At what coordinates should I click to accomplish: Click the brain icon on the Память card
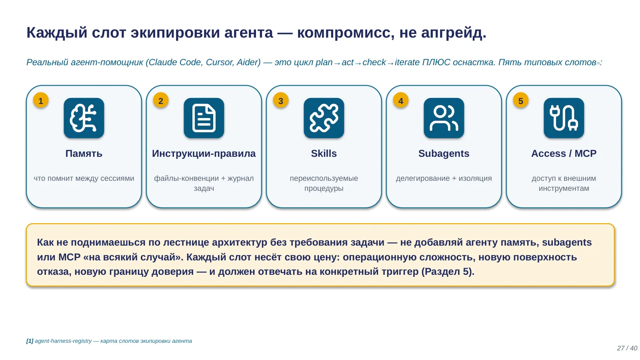84,118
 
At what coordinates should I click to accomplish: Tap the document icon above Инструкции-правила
204,118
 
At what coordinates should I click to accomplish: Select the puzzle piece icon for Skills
324,118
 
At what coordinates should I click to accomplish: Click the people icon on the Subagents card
444,118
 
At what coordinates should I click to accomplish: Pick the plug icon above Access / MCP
564,118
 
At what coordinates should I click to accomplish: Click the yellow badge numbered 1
40,100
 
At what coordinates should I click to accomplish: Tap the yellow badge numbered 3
280,100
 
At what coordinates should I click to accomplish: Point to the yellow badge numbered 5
520,100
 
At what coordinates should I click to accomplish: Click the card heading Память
84,154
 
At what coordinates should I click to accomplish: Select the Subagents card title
444,154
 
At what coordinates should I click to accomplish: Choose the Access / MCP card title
564,154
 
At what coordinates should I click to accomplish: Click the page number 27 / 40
627,348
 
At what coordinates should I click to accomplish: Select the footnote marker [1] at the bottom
30,341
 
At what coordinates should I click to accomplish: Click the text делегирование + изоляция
444,178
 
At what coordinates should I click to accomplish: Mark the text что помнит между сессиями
84,178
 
